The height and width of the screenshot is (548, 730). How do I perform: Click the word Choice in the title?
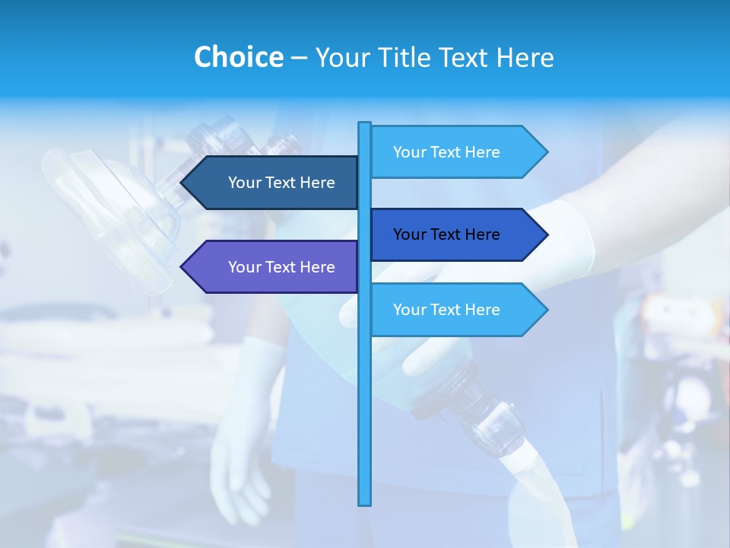click(238, 57)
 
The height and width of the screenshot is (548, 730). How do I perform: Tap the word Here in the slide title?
click(524, 57)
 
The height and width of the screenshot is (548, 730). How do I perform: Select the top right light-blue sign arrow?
click(456, 152)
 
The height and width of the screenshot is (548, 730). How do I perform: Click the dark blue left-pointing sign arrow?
click(274, 183)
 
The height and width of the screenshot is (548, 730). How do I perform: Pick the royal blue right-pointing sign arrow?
click(456, 234)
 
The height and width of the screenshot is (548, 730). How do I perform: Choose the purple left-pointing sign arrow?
click(274, 267)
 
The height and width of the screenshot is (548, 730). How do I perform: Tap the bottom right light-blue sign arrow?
click(456, 310)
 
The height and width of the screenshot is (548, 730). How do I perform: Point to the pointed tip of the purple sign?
click(183, 267)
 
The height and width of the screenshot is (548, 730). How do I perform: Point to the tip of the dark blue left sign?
click(183, 183)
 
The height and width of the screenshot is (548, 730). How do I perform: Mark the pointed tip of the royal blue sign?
click(545, 234)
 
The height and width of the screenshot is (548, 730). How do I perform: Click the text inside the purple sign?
click(281, 267)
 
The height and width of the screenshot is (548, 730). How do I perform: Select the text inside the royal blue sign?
click(446, 234)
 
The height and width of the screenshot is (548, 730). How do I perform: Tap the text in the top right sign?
click(446, 152)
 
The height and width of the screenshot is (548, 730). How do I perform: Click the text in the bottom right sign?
click(446, 310)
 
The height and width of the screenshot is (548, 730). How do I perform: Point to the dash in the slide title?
click(299, 58)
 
